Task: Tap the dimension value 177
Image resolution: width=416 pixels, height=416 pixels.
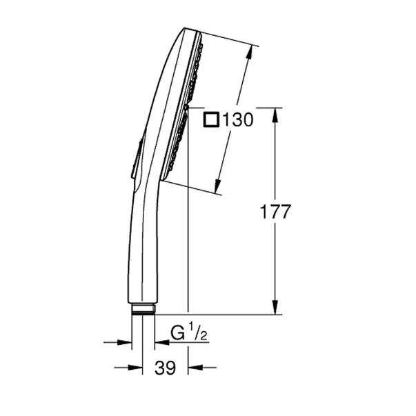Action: [277, 212]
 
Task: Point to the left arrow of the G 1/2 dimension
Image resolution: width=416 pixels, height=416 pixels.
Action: [125, 341]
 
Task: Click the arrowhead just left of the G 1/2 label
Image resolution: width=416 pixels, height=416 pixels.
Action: [161, 341]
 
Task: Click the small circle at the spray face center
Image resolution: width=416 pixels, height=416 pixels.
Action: [187, 108]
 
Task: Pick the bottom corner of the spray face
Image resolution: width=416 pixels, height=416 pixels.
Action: [163, 181]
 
